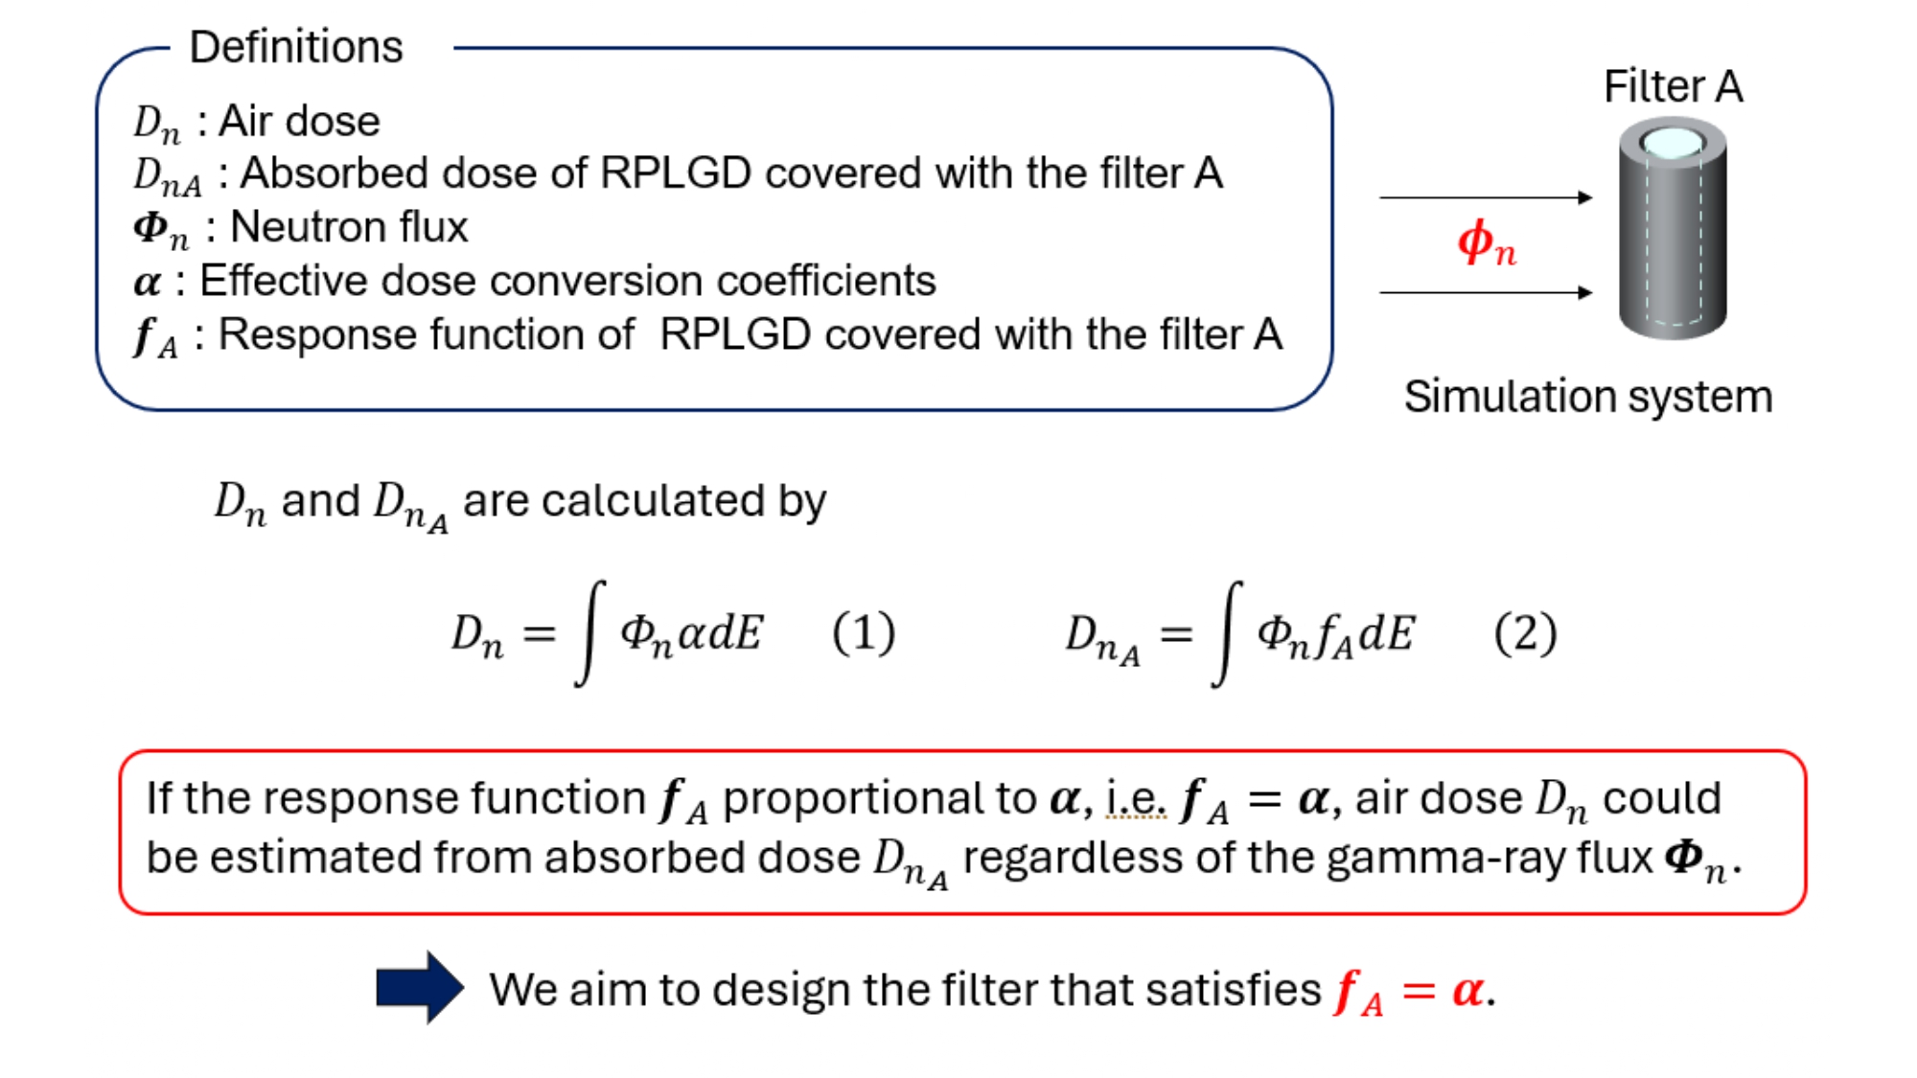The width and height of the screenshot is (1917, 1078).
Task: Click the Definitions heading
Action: [x=296, y=47]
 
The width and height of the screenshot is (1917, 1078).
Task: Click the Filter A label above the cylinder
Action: [x=1673, y=86]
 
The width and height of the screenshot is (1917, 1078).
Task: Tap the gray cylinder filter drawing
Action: [x=1673, y=240]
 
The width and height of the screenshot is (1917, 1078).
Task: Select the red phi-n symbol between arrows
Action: [x=1487, y=243]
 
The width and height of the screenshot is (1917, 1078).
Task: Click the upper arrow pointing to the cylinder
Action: [x=1485, y=197]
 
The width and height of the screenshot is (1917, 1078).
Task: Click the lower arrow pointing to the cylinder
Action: [x=1485, y=292]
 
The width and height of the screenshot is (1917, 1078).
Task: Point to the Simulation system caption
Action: [x=1588, y=396]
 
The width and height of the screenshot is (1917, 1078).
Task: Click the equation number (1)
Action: [x=864, y=633]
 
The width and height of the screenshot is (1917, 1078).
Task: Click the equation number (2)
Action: [x=1525, y=633]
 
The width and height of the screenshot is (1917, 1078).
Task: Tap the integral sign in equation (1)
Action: [x=589, y=632]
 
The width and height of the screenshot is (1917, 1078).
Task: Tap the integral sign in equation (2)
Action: [x=1227, y=632]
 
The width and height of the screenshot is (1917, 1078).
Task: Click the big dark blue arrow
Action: [x=420, y=987]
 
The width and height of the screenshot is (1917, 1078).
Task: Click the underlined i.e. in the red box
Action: [x=1136, y=798]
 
